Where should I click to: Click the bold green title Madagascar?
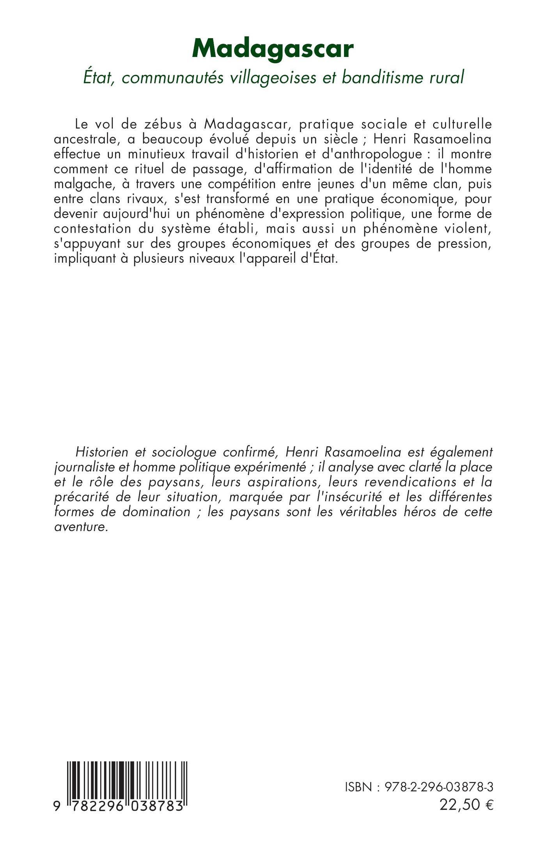click(x=273, y=50)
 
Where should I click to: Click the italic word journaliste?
click(x=80, y=467)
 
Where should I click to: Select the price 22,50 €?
click(x=466, y=804)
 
